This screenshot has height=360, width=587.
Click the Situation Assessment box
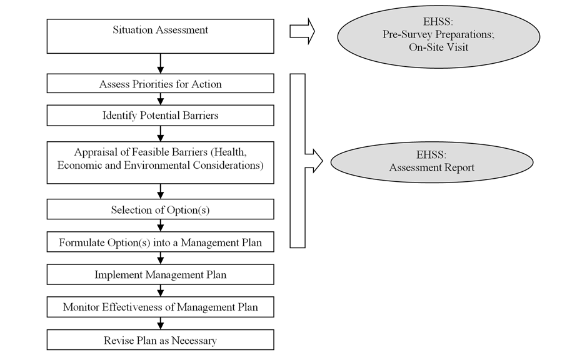(x=160, y=36)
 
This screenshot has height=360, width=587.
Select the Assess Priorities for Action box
(x=160, y=84)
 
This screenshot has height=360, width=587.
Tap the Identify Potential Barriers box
(x=160, y=116)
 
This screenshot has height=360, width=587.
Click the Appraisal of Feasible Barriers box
(x=160, y=162)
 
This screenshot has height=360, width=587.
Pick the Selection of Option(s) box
(x=160, y=209)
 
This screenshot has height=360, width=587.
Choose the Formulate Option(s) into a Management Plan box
(x=160, y=242)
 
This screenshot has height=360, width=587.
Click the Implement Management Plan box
(x=160, y=274)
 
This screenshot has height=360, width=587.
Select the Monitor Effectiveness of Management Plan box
(x=160, y=307)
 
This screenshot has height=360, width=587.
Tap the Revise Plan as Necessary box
(x=160, y=340)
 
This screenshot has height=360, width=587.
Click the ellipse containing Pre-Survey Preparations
(x=438, y=36)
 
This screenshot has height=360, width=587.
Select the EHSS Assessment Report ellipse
(x=431, y=162)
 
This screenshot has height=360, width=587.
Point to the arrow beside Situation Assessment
(x=302, y=31)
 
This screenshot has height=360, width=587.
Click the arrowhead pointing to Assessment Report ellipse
(x=314, y=161)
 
